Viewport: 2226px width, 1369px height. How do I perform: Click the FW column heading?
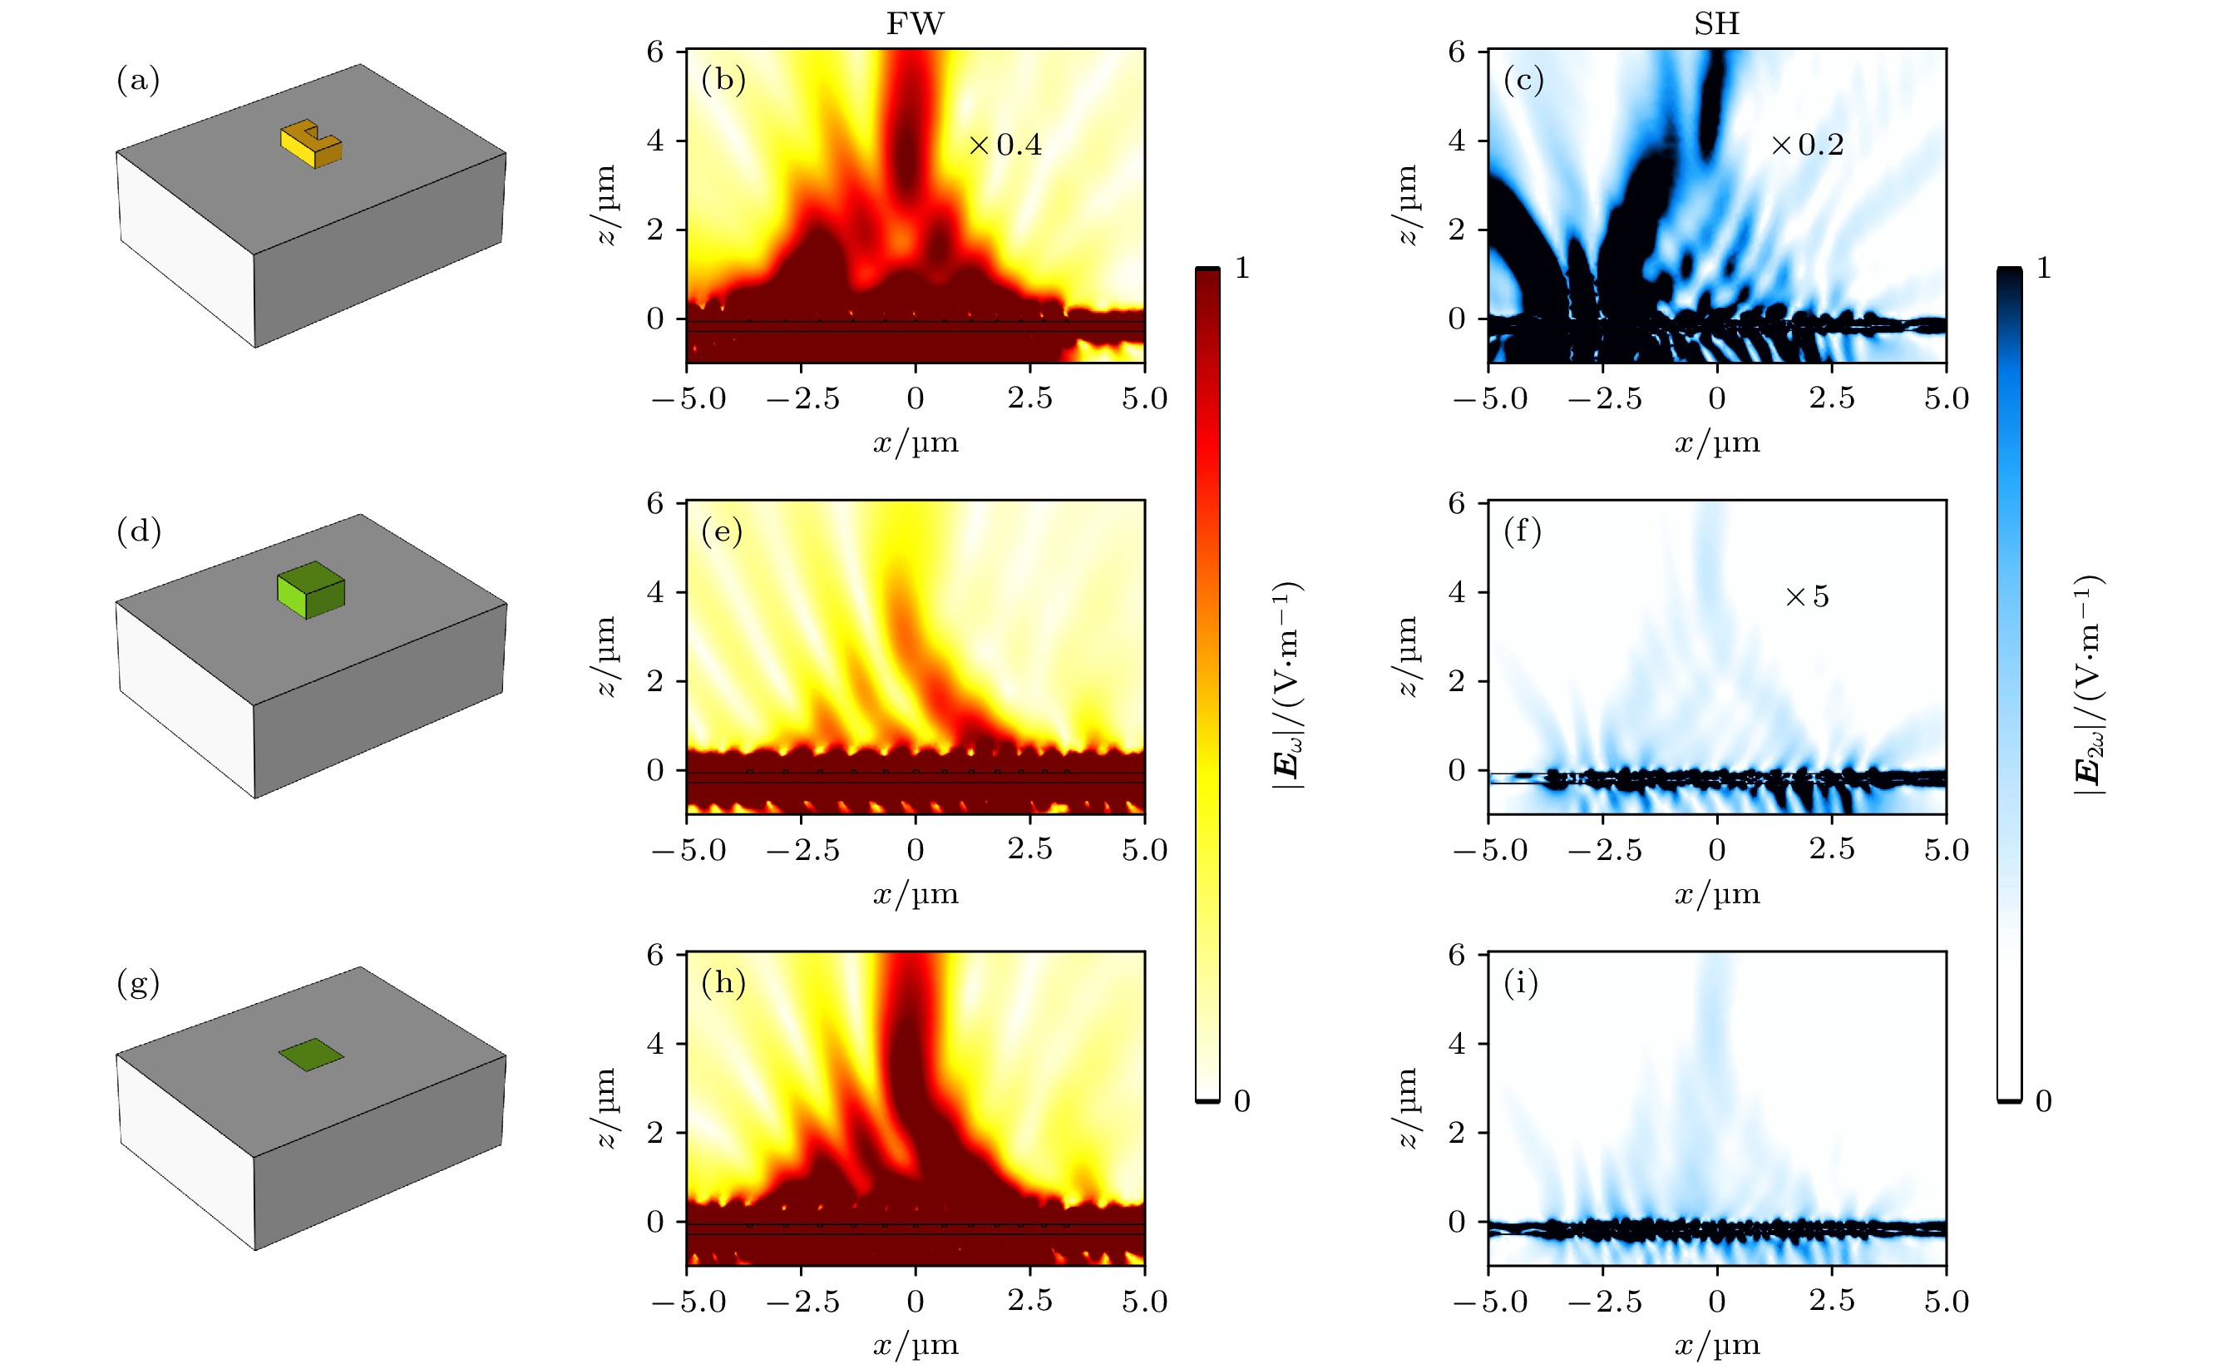click(915, 23)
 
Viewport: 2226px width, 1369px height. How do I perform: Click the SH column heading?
click(1716, 23)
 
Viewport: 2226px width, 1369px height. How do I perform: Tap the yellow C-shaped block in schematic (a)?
click(311, 144)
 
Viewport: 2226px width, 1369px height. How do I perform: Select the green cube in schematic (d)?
click(310, 590)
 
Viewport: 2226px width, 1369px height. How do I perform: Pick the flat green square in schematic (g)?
click(310, 1054)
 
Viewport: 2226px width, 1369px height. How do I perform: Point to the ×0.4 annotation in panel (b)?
click(1004, 145)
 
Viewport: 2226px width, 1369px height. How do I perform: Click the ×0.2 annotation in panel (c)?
click(1807, 145)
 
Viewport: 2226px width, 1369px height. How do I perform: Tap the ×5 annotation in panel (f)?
click(1807, 596)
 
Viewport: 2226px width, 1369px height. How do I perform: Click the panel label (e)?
click(723, 531)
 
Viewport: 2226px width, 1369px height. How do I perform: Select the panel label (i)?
click(1521, 982)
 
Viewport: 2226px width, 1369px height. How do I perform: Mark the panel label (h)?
click(723, 982)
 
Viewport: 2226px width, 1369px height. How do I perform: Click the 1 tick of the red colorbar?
click(1242, 268)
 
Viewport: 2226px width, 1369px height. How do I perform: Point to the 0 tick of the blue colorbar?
click(2043, 1101)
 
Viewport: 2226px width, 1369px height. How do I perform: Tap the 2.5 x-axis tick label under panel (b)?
click(1030, 398)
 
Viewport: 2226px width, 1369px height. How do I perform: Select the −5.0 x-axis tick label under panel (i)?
click(1490, 1302)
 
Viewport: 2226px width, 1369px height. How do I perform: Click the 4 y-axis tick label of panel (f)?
click(1456, 592)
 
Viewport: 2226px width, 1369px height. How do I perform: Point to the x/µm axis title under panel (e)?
click(916, 895)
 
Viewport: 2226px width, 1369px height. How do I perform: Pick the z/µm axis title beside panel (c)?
click(1406, 205)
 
